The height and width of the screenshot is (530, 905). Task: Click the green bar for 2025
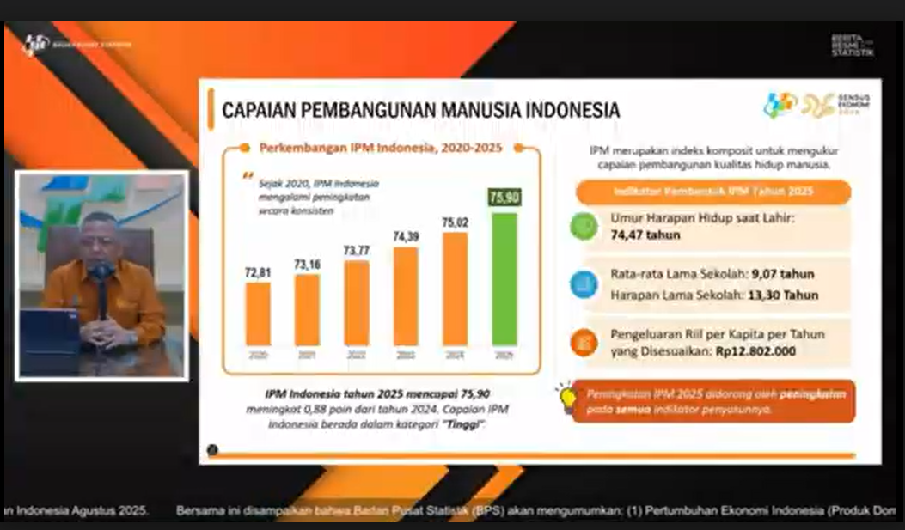pos(504,279)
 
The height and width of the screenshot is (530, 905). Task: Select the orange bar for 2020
pos(258,314)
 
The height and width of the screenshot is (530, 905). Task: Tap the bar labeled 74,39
pos(407,296)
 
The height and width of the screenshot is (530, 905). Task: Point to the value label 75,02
pos(456,223)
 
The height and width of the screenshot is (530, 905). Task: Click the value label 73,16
pos(307,265)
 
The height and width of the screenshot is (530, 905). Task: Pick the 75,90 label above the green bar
pos(504,198)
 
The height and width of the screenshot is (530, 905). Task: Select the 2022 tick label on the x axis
pos(357,354)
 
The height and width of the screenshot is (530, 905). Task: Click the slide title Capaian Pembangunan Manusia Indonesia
pos(420,111)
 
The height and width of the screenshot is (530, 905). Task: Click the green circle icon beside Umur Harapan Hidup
pos(584,226)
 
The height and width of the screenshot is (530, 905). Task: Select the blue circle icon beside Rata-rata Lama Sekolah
pos(584,283)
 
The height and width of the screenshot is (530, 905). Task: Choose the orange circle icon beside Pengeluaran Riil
pos(584,342)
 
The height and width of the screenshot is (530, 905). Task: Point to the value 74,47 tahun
pos(645,235)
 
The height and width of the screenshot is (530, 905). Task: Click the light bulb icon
pos(567,396)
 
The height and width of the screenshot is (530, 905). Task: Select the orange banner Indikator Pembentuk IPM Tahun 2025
pos(713,192)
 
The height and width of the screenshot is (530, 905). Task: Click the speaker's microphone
pos(101,273)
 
